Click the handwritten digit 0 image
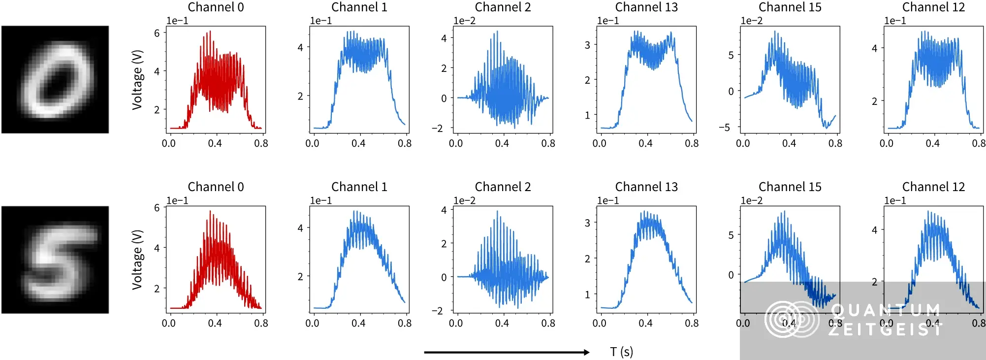tap(55, 79)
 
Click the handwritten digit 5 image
tap(55, 260)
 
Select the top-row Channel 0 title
tap(216, 7)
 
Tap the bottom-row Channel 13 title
tap(646, 187)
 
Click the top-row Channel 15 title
tap(790, 7)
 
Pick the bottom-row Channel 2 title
tap(503, 187)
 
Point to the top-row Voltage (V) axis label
tap(137, 79)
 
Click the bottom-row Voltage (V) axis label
tap(137, 260)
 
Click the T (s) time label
tap(621, 352)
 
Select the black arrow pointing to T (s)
tap(507, 352)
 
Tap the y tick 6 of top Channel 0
tap(157, 33)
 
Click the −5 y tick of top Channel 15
tap(724, 128)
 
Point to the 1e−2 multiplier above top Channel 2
tap(464, 21)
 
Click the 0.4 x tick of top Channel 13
tap(645, 143)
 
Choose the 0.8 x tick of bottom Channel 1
tap(405, 324)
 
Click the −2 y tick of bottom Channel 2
tap(437, 311)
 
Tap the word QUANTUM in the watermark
tap(886, 310)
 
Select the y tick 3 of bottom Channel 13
tap(587, 223)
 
